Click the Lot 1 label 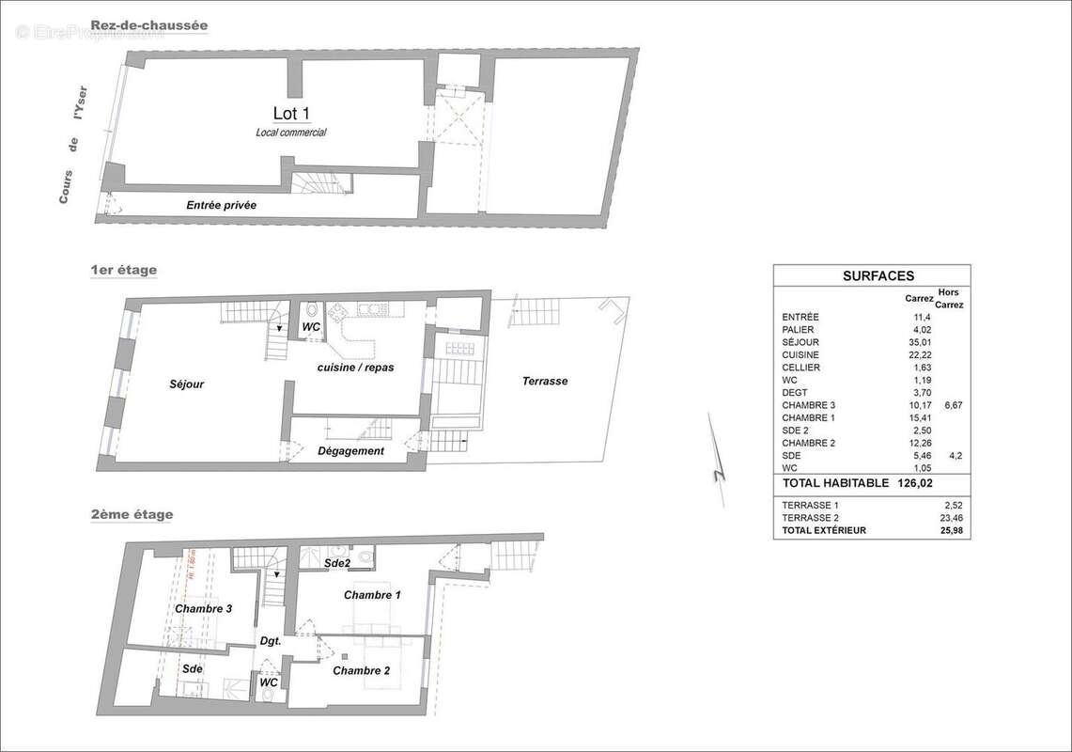[x=291, y=114]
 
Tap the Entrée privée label [x=221, y=205]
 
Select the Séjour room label [x=187, y=384]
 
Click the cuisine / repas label [x=355, y=368]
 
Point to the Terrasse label [x=545, y=381]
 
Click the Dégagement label [x=351, y=451]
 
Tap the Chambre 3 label [x=204, y=609]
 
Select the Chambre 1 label [x=372, y=595]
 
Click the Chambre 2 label [x=361, y=670]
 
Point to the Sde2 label [x=336, y=563]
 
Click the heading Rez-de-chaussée [x=149, y=25]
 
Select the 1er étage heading [x=123, y=271]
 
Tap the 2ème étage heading [x=132, y=514]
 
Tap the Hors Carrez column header [x=950, y=299]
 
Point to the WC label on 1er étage [x=311, y=326]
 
